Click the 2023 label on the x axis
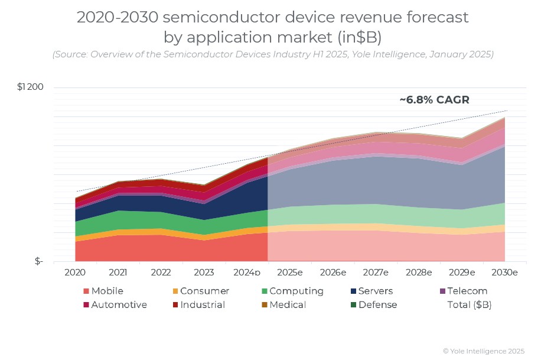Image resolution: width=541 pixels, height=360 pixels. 204,273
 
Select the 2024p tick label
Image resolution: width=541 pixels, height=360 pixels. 247,273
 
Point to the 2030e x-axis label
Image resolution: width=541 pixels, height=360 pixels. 505,273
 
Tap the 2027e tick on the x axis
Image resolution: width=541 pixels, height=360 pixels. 376,273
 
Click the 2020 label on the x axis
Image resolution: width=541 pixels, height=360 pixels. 75,273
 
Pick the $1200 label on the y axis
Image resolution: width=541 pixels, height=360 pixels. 30,87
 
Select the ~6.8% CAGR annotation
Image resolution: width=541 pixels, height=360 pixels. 434,100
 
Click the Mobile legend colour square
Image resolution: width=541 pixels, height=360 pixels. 86,291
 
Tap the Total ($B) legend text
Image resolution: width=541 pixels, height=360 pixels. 469,305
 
